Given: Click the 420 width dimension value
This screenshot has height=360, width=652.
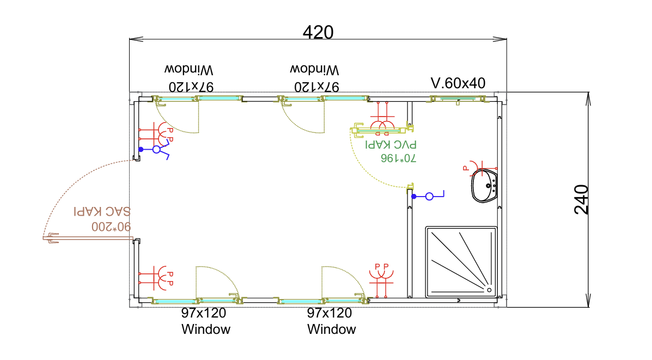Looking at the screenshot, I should (x=318, y=33).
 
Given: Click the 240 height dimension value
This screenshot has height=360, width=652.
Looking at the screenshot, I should (x=582, y=199).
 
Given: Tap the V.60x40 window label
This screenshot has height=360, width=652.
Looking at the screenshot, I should (x=458, y=83).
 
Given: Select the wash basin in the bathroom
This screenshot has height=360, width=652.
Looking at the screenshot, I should (x=484, y=186).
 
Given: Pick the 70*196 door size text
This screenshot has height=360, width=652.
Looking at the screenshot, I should (x=398, y=158).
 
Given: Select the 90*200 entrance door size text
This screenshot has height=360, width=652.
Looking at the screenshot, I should (x=112, y=225).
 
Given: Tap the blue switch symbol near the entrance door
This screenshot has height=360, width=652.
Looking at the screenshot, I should (x=156, y=150).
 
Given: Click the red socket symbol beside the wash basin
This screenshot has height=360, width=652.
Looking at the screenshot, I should (x=472, y=166).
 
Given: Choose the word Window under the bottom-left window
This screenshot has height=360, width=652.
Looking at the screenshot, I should (x=206, y=330).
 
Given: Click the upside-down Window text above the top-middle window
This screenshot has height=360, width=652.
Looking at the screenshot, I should (x=314, y=70).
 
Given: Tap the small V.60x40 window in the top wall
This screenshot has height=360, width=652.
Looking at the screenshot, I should (x=458, y=99).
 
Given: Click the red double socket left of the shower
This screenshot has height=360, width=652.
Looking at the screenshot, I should (x=381, y=274).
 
